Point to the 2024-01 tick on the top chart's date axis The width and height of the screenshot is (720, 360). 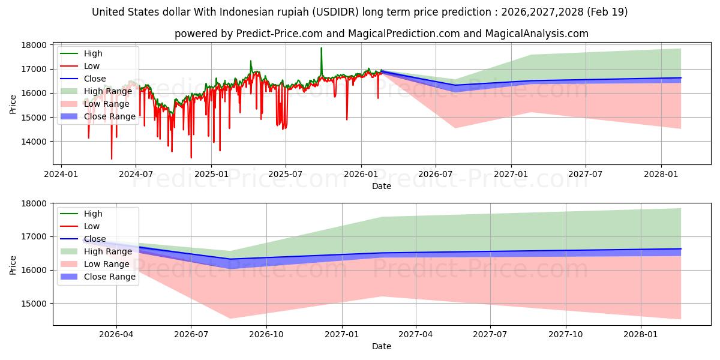(x=61, y=174)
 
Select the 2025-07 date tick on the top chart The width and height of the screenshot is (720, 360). (x=285, y=174)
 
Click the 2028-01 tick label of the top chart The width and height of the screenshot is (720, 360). (x=661, y=174)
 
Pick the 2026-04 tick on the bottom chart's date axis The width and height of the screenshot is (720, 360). (x=116, y=335)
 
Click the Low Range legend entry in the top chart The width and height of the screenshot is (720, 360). (x=107, y=104)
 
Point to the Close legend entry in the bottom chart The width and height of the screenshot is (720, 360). (x=95, y=239)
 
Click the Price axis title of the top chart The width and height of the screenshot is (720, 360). (x=13, y=104)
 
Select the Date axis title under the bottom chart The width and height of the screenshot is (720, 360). (x=382, y=346)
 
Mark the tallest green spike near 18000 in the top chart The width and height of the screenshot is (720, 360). (x=321, y=49)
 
